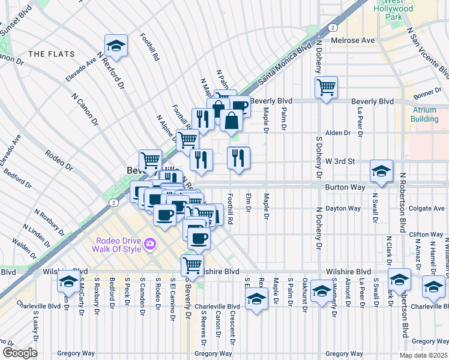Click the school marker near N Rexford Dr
pyautogui.click(x=115, y=46)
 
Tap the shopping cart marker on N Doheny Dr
pyautogui.click(x=326, y=88)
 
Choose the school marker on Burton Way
pyautogui.click(x=381, y=171)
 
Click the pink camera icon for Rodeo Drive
pyautogui.click(x=149, y=245)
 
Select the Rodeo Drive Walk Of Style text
pyautogui.click(x=118, y=245)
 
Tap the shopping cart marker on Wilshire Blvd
pyautogui.click(x=192, y=265)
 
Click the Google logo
pyautogui.click(x=20, y=353)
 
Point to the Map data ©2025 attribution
pyautogui.click(x=423, y=355)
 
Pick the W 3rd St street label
pyautogui.click(x=341, y=161)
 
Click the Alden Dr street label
pyautogui.click(x=337, y=133)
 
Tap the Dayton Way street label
pyautogui.click(x=343, y=209)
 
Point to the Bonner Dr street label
pyautogui.click(x=427, y=91)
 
